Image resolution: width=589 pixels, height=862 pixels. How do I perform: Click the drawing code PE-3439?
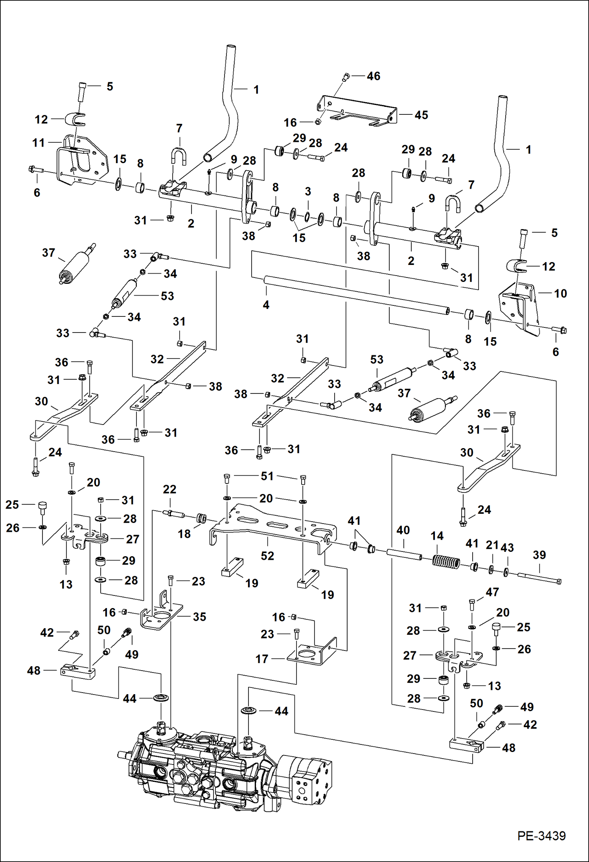point(541,836)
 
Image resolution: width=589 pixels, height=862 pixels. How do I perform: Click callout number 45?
point(421,115)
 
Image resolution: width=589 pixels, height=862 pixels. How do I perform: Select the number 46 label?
point(373,76)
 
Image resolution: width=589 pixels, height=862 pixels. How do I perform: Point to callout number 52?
point(267,556)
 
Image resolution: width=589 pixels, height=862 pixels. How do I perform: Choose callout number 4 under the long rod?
point(266,305)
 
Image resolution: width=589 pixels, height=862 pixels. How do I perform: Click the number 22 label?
point(169,489)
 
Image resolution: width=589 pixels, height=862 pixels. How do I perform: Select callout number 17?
point(262,659)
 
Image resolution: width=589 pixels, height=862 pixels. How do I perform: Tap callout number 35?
point(199,617)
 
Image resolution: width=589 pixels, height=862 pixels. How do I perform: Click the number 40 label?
point(403,530)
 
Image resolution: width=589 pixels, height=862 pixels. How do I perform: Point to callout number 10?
point(560,294)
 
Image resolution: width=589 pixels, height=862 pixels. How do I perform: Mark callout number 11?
point(39,143)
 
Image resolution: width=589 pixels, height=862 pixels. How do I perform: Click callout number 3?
point(308,191)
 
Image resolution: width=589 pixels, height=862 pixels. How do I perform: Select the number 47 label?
point(492,592)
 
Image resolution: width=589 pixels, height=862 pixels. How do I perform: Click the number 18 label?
point(184,534)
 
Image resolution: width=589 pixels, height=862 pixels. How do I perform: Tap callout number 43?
point(507,548)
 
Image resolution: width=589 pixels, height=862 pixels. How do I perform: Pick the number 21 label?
point(492,545)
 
